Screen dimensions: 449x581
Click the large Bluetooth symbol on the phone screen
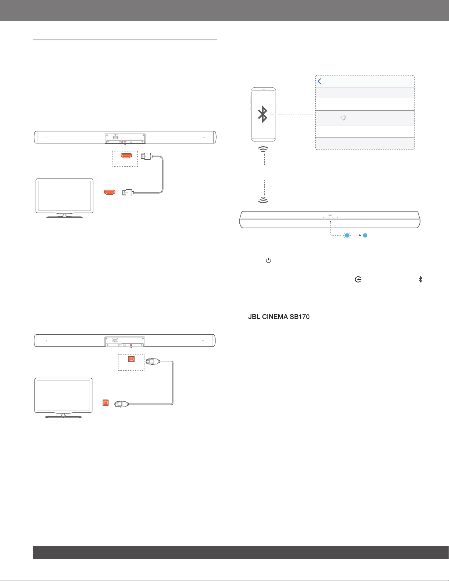tap(263, 114)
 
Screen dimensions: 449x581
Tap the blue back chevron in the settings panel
tap(319, 81)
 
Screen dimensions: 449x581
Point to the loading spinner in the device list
tap(343, 118)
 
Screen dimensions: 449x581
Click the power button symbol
tap(268, 260)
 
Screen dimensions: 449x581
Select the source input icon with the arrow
tap(358, 279)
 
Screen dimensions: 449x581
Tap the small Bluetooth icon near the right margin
tap(420, 279)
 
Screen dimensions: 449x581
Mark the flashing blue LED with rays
tap(347, 235)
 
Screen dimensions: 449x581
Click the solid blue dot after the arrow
tap(365, 235)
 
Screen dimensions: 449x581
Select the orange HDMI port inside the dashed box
tap(126, 156)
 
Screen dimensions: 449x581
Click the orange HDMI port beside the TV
tap(110, 192)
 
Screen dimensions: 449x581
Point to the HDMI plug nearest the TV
tap(128, 192)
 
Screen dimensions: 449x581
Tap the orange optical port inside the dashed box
tap(131, 359)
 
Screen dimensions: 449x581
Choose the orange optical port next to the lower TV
tap(106, 402)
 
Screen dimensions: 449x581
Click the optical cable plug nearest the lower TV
tap(122, 404)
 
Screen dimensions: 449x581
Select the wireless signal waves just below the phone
tap(263, 149)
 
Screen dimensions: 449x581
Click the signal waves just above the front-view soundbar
tap(263, 200)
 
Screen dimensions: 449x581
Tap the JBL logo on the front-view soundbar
tap(330, 215)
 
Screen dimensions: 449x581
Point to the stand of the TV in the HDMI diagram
tap(65, 216)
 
